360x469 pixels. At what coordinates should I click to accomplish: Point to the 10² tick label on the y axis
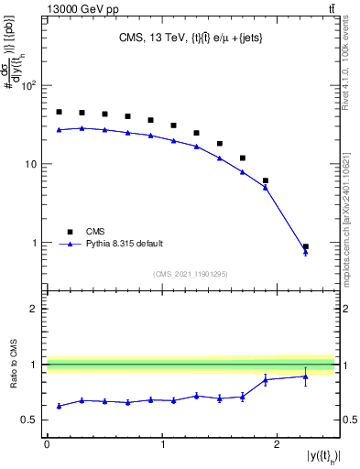pyautogui.click(x=28, y=86)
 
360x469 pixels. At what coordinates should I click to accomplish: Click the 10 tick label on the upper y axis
pyautogui.click(x=33, y=165)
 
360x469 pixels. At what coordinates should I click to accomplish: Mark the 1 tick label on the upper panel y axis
pyautogui.click(x=36, y=244)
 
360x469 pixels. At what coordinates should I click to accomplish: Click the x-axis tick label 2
pyautogui.click(x=278, y=444)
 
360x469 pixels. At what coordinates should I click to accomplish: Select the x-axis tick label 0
pyautogui.click(x=47, y=444)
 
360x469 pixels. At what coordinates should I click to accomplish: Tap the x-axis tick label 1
pyautogui.click(x=162, y=444)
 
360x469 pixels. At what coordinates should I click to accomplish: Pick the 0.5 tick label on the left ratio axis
pyautogui.click(x=31, y=420)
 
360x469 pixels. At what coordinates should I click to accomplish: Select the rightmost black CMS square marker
pyautogui.click(x=306, y=247)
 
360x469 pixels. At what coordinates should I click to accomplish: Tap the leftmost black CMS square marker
pyautogui.click(x=59, y=112)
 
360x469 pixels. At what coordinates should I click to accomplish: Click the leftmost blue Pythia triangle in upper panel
pyautogui.click(x=59, y=130)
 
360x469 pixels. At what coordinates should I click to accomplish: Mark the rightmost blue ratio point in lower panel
pyautogui.click(x=306, y=376)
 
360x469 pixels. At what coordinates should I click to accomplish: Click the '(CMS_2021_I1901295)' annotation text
pyautogui.click(x=191, y=274)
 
